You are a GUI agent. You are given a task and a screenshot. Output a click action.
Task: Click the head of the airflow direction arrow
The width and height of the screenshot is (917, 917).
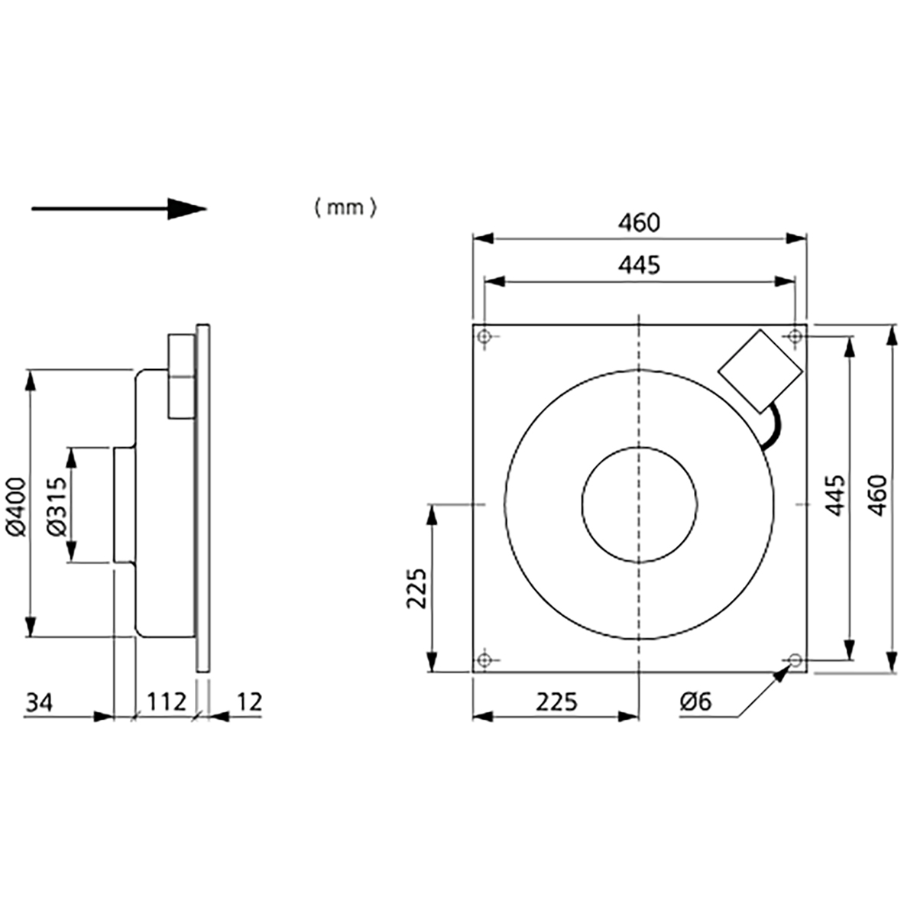tap(187, 209)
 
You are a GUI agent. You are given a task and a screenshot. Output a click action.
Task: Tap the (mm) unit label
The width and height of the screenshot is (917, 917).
tap(345, 208)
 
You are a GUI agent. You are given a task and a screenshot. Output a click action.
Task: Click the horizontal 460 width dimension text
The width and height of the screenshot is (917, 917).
tap(640, 223)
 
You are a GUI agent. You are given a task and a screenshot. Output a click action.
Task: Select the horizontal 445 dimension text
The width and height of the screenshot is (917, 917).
tap(640, 265)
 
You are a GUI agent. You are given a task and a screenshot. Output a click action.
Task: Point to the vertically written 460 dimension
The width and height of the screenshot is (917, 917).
tap(878, 497)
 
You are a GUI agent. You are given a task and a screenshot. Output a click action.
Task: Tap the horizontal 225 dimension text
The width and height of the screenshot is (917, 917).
tap(555, 701)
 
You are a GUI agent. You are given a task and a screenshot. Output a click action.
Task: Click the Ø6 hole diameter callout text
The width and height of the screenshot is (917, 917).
tap(696, 701)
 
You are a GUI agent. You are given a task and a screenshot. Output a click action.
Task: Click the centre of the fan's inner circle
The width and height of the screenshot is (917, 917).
tap(639, 505)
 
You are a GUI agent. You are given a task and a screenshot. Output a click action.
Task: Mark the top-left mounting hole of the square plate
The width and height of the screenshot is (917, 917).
tap(484, 336)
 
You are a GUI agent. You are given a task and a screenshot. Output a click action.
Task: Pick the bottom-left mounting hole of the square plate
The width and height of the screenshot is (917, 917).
tap(484, 660)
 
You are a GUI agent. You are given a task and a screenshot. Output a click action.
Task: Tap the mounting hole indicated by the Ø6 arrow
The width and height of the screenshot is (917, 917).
tap(795, 659)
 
